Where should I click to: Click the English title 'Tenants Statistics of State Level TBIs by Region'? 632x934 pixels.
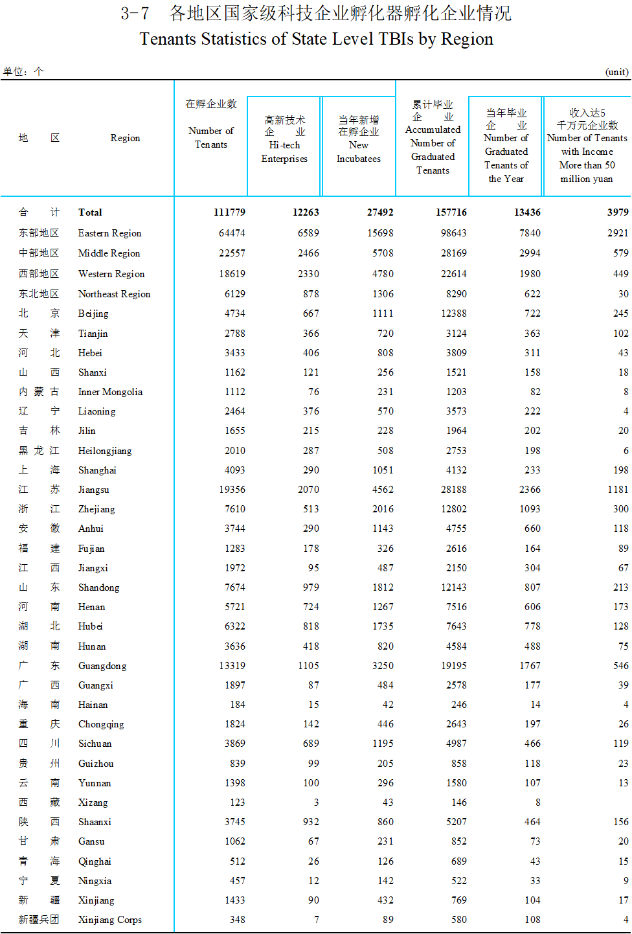click(316, 40)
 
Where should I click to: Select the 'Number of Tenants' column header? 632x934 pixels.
click(211, 137)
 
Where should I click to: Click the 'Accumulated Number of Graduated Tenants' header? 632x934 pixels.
click(433, 150)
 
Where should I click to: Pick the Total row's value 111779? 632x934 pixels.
click(229, 212)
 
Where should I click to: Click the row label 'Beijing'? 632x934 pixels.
click(93, 313)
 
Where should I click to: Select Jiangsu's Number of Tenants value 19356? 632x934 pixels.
click(232, 490)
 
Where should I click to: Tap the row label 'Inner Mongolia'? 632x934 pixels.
click(110, 392)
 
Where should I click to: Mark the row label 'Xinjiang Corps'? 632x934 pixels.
click(109, 920)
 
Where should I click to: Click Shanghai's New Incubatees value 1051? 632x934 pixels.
click(383, 470)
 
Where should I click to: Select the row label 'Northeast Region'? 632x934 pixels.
click(114, 294)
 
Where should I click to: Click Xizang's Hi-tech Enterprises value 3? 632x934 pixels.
click(316, 803)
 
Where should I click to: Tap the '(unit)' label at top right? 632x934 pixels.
click(616, 72)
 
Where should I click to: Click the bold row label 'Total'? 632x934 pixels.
click(90, 212)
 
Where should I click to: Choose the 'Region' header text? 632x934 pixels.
click(125, 138)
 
